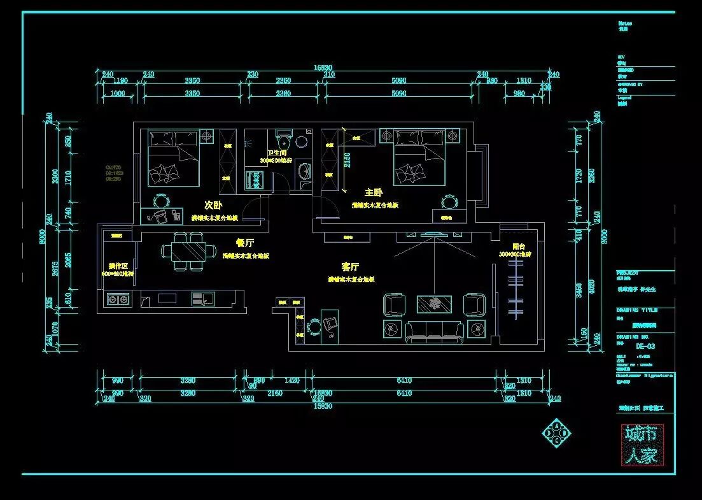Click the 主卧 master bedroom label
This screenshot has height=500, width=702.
click(x=374, y=192)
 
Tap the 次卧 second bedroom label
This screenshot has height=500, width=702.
click(x=213, y=205)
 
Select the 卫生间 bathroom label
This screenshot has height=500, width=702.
click(x=276, y=154)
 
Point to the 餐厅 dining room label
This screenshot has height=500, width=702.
click(x=245, y=243)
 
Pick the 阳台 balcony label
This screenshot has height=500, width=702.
click(x=519, y=246)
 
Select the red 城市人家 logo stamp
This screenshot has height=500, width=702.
click(x=642, y=444)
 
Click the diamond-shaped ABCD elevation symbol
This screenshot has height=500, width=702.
click(x=556, y=434)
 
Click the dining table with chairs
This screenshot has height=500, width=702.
click(x=188, y=251)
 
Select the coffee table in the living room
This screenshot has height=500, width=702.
click(x=434, y=304)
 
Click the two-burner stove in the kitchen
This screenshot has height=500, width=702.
click(x=117, y=298)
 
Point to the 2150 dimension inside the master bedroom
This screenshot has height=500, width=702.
click(x=347, y=159)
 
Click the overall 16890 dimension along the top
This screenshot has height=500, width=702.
click(x=323, y=68)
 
